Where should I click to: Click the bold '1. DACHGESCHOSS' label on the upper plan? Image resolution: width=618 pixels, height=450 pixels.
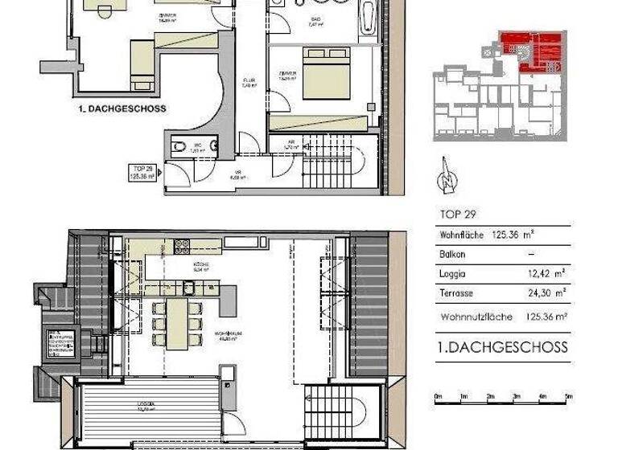pos(123,108)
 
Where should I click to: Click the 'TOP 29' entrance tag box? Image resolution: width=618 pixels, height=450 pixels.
pos(142,171)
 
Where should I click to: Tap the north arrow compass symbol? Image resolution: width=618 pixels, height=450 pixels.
pos(442,180)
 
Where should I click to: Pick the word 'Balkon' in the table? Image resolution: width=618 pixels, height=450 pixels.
pos(454,254)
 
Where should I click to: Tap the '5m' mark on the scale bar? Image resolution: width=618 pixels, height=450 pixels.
pos(568,397)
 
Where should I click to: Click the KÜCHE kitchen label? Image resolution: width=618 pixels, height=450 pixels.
pos(200,266)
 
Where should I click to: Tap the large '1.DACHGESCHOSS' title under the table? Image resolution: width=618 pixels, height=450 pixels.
pos(502,347)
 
